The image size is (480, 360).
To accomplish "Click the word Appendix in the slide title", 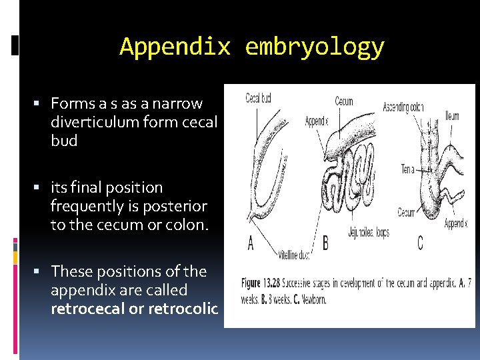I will click(x=175, y=47).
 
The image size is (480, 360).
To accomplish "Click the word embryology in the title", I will click(x=315, y=47).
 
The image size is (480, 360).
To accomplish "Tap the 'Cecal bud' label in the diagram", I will click(x=258, y=99).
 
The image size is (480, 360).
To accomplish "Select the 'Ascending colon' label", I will click(x=403, y=106).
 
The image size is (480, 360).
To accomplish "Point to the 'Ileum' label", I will click(x=451, y=115).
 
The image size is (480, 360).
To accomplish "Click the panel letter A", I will click(x=251, y=244).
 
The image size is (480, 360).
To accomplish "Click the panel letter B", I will click(x=325, y=243).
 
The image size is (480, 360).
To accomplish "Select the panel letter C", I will click(x=419, y=243).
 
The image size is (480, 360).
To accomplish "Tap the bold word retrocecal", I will click(x=83, y=309).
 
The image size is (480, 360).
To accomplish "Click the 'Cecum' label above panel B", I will click(x=344, y=102).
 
